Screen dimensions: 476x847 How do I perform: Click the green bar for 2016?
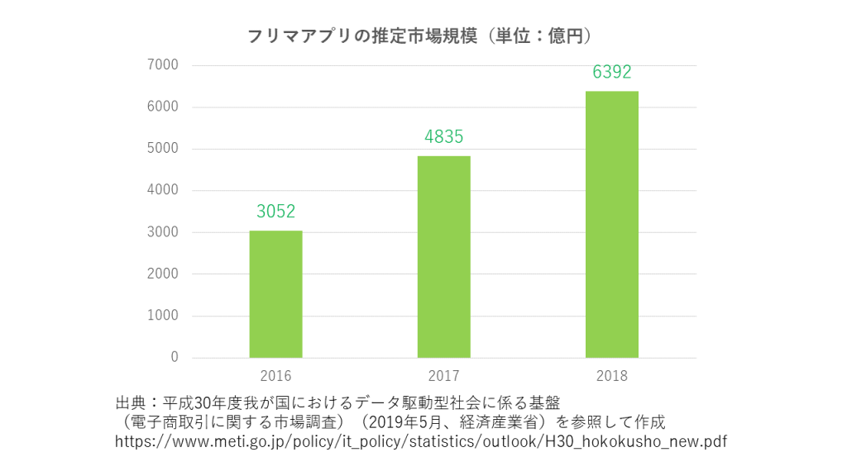click(x=275, y=294)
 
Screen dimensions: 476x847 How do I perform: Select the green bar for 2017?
click(x=443, y=257)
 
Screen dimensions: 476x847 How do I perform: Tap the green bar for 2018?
click(x=611, y=225)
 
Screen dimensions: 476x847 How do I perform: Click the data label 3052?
click(x=275, y=212)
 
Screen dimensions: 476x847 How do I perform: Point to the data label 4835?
click(x=443, y=137)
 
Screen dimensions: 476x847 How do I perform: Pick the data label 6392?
click(x=611, y=73)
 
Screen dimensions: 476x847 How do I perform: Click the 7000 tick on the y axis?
click(x=163, y=65)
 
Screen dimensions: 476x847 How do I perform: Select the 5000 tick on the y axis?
click(x=163, y=149)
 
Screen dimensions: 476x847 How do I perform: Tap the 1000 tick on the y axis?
click(x=163, y=316)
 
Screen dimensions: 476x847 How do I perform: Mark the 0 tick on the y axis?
click(x=174, y=358)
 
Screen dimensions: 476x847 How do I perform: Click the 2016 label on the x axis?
click(x=275, y=376)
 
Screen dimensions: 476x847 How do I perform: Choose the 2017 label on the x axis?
click(x=443, y=376)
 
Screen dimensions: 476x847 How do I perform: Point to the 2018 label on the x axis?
click(x=611, y=376)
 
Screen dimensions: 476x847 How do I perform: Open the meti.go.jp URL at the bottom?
click(x=421, y=442)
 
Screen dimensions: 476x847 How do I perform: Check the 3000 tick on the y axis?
click(x=163, y=232)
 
